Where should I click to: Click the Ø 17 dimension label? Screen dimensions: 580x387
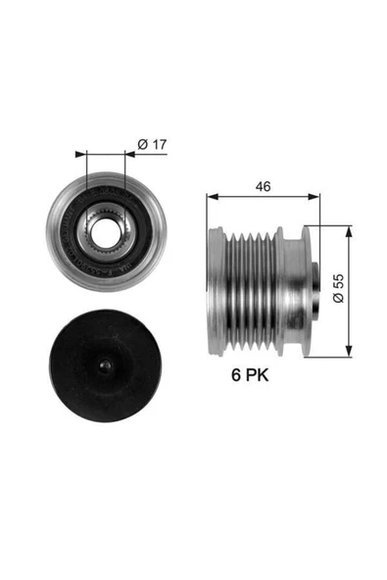(152, 145)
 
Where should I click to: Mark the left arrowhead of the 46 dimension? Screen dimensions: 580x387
(210, 195)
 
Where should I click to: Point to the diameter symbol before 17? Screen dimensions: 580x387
(142, 145)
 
